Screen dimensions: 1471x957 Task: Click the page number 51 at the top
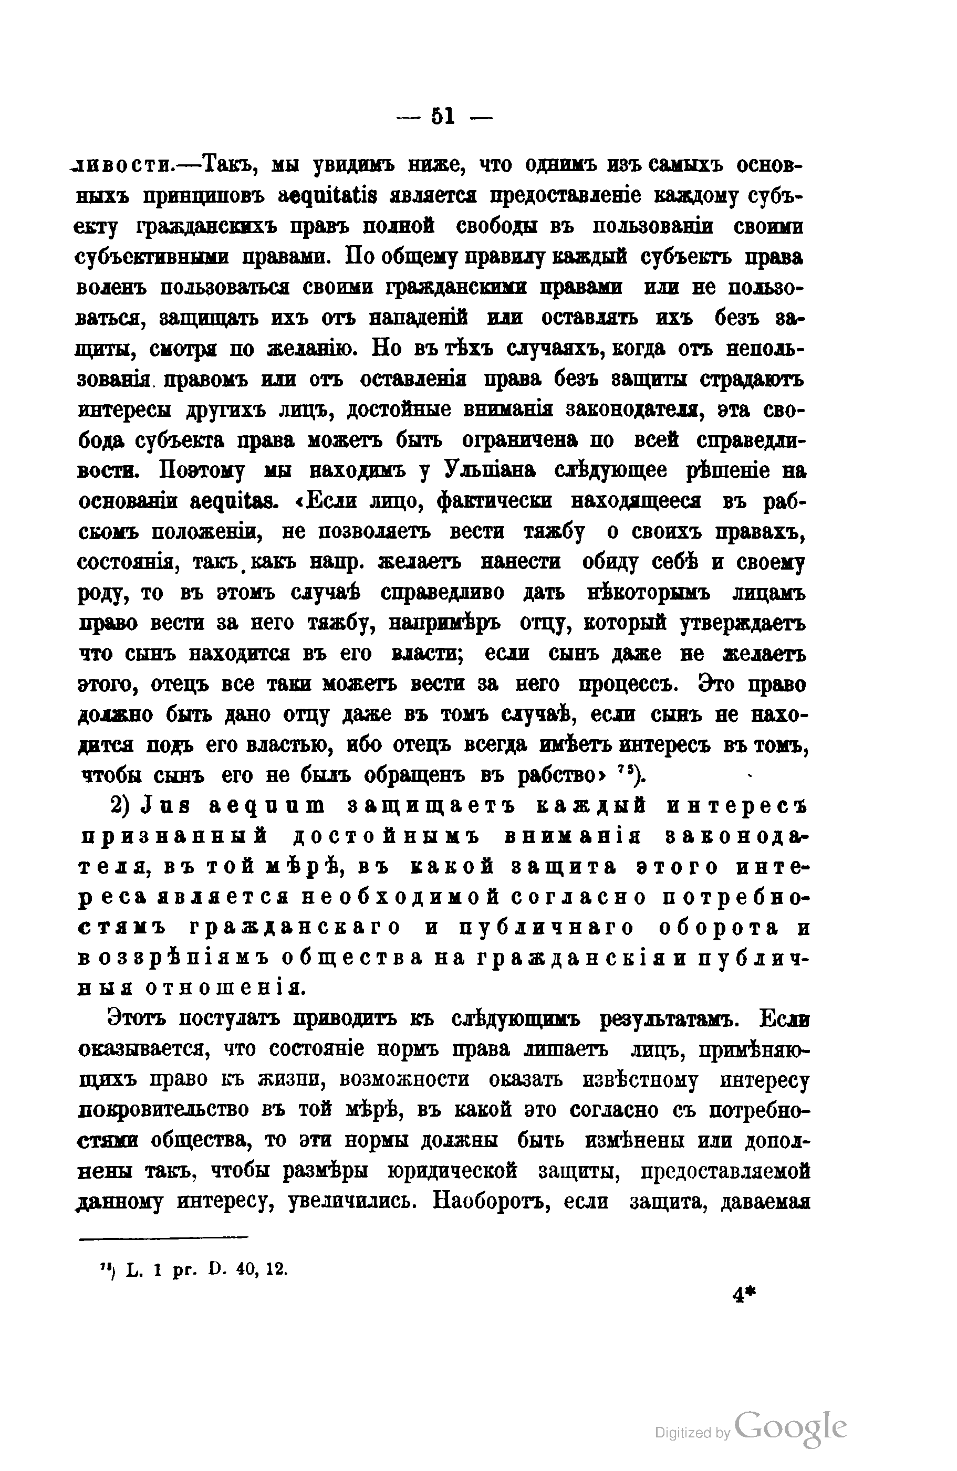[443, 116]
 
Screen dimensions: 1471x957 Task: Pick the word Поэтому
[202, 471]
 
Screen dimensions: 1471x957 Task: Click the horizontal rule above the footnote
[163, 1237]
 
